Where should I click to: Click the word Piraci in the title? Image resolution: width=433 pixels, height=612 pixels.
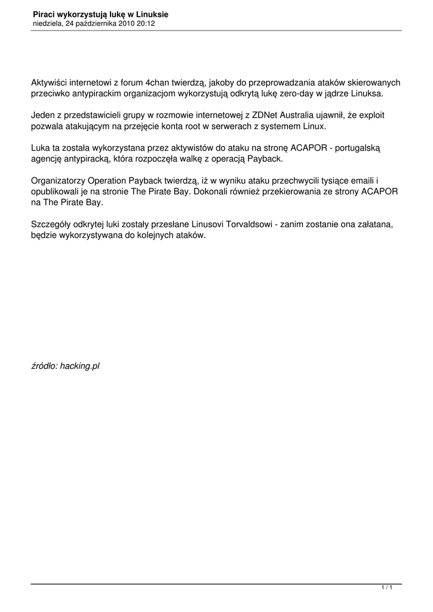click(x=44, y=14)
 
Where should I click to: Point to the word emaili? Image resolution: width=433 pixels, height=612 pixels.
click(x=366, y=180)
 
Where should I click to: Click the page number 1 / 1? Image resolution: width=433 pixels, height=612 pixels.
click(x=387, y=589)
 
